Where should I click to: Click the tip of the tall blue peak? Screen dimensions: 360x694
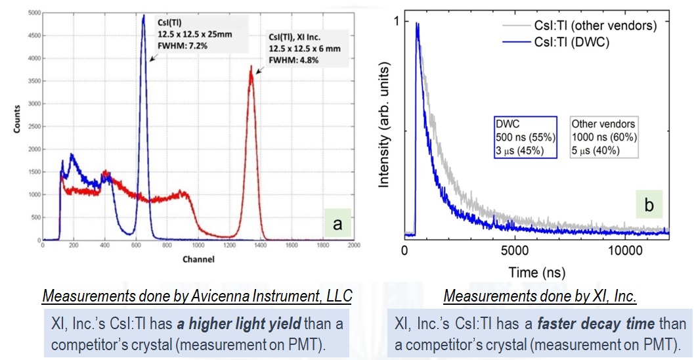pos(144,16)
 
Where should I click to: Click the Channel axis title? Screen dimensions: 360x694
pos(198,259)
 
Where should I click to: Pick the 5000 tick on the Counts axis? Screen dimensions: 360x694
pos(32,12)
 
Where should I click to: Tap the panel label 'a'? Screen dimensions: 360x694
pos(337,225)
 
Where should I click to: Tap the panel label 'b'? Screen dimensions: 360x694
pos(650,205)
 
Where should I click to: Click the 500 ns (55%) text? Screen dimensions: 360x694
pos(525,137)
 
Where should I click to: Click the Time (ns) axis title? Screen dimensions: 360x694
pos(536,271)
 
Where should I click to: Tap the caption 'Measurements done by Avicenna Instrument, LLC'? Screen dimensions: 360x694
pos(197,297)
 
